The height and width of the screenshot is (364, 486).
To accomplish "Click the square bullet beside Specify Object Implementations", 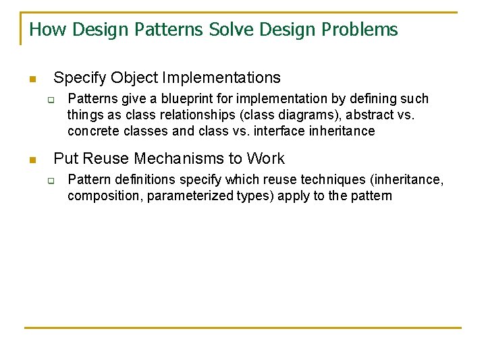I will click(x=31, y=80).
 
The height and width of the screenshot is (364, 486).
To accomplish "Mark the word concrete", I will click(x=92, y=131).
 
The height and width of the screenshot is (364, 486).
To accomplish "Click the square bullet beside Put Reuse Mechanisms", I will click(x=31, y=160).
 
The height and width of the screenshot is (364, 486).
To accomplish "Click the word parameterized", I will click(x=188, y=196).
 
